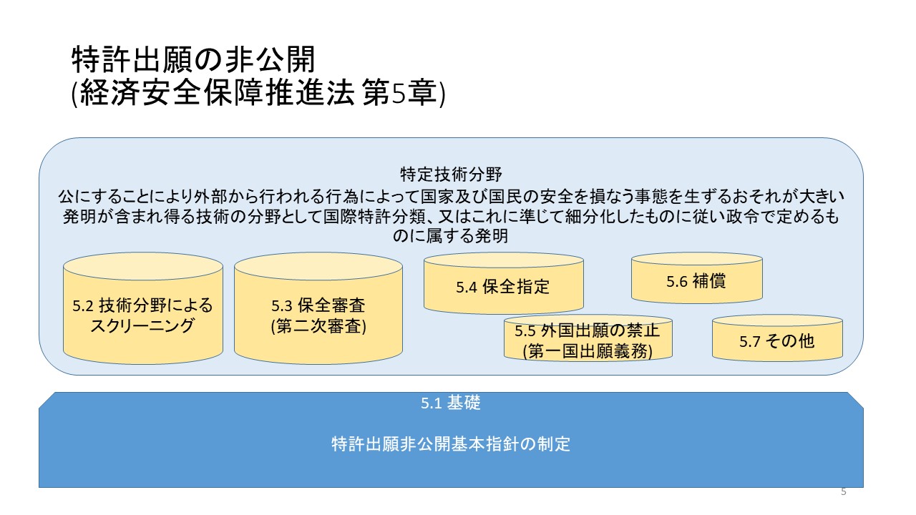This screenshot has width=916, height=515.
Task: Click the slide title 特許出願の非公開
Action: pos(193,60)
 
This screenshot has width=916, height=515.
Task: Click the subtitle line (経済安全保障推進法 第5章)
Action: pos(258,94)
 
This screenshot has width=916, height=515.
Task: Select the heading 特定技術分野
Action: pos(450,174)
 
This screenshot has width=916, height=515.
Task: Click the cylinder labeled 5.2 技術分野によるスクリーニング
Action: pos(143,315)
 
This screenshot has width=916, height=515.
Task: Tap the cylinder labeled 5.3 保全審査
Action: pos(318,315)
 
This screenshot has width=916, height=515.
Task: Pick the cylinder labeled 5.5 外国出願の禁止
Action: pos(588,340)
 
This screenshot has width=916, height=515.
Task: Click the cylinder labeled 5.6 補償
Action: pos(696,281)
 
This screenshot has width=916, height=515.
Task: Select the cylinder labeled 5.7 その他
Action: pos(777,341)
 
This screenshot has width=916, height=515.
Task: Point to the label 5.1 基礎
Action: pos(450,403)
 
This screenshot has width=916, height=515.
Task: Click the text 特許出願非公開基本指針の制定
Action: pos(451,444)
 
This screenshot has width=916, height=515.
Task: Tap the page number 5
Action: pos(843,492)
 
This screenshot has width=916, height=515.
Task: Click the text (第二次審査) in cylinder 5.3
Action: pos(318,327)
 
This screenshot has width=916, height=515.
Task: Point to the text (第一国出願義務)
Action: pos(588,351)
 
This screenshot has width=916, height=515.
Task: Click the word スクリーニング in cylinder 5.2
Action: pos(143,326)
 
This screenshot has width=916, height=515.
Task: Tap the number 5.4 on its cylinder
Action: pos(467,288)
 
